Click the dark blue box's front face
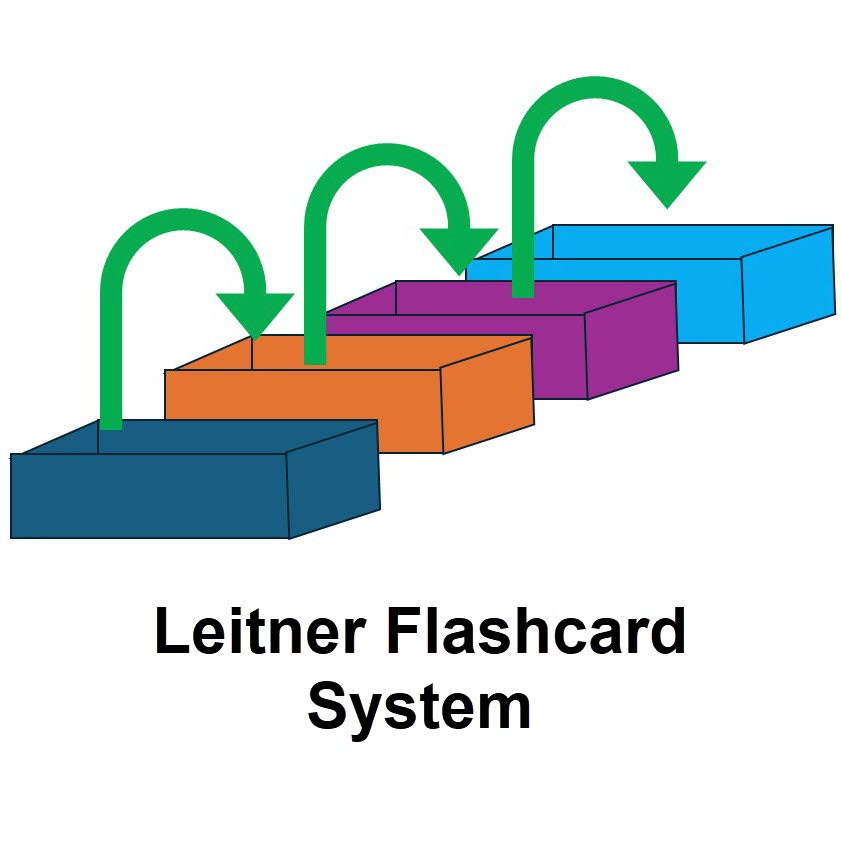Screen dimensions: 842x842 pyautogui.click(x=150, y=496)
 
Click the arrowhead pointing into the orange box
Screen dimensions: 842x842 pyautogui.click(x=256, y=314)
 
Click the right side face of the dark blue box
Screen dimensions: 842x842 pyautogui.click(x=334, y=478)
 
